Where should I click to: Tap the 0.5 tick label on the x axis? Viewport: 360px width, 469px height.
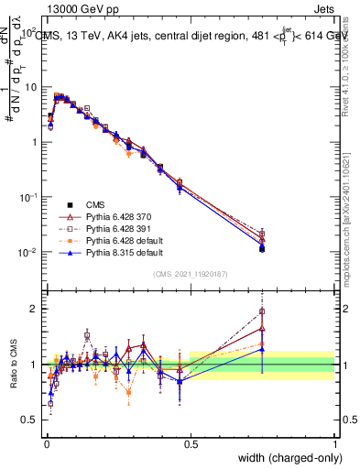tap(191, 444)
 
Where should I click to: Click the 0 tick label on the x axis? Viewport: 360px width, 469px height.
tap(47, 444)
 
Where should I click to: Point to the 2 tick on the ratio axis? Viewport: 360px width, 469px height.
tap(37, 309)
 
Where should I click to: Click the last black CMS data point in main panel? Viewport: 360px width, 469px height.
tap(262, 248)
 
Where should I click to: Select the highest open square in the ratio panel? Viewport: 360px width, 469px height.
tap(262, 311)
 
